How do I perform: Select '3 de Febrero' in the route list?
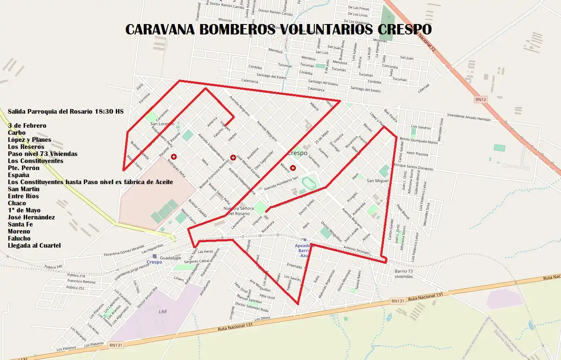tap(27, 126)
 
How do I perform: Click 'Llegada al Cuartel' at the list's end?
tap(34, 246)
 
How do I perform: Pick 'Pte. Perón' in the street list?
tap(24, 168)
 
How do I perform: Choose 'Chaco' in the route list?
tap(17, 203)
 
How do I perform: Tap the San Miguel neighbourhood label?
tap(377, 181)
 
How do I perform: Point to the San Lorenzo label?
tap(161, 124)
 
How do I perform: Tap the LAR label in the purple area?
tap(163, 311)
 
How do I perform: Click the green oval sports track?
tap(308, 182)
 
